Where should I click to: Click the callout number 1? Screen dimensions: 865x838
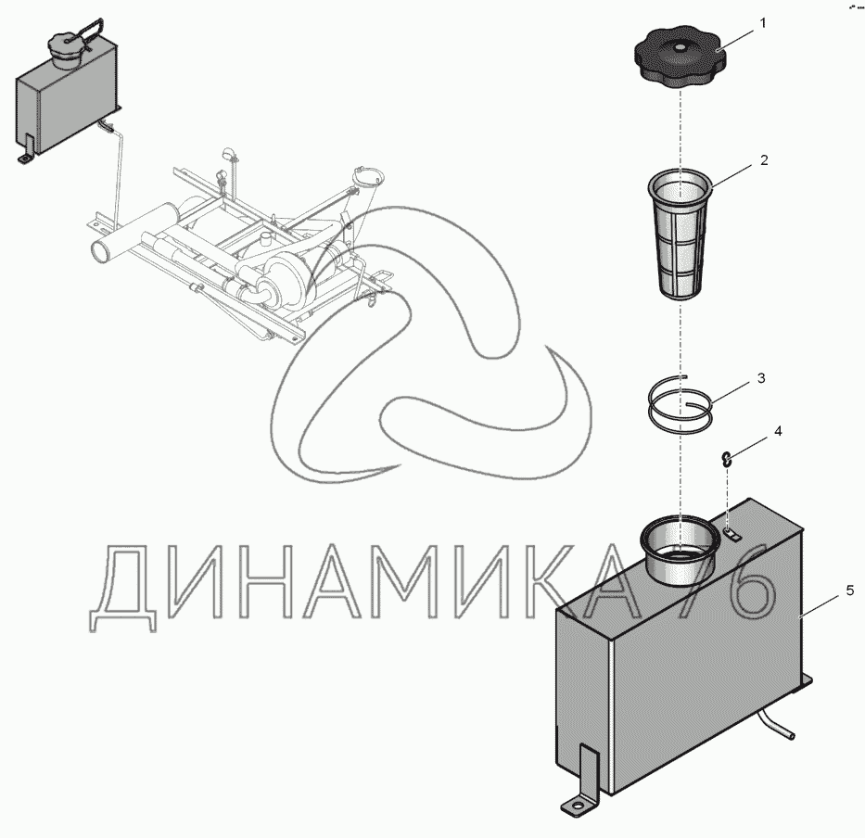763,23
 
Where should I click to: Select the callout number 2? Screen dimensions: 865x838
764,160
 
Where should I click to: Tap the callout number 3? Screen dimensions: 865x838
761,378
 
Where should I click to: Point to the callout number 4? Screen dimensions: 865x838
778,431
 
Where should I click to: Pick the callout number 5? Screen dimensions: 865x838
849,590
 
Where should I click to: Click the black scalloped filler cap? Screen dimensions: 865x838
679,63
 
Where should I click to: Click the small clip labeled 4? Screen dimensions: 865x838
728,459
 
